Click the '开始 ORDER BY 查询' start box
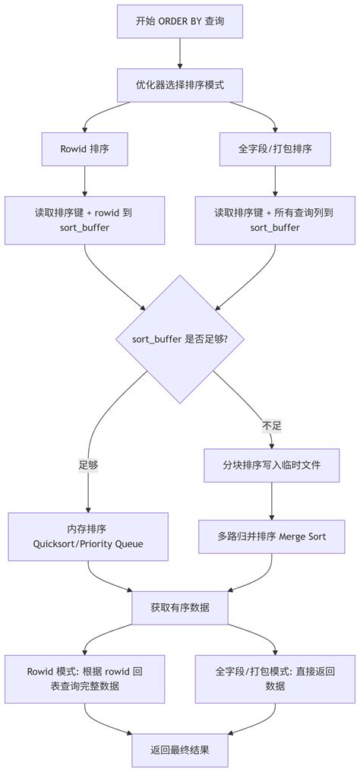(x=180, y=21)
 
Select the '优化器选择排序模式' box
(x=180, y=84)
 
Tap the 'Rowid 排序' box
(x=84, y=149)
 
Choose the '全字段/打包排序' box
(x=275, y=149)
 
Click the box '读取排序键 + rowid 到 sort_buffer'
(x=84, y=220)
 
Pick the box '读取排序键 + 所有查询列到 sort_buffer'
(x=275, y=220)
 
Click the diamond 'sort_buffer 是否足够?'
(x=180, y=339)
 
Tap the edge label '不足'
(x=272, y=426)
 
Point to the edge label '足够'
(x=88, y=465)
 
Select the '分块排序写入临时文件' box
(x=272, y=465)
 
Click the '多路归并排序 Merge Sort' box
(x=272, y=536)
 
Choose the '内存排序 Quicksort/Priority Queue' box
(x=88, y=536)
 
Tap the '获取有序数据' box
(x=180, y=608)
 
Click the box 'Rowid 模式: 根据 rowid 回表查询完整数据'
(x=84, y=679)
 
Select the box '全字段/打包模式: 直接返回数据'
(x=275, y=679)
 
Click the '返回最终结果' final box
(x=180, y=750)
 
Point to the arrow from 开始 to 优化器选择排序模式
(x=180, y=53)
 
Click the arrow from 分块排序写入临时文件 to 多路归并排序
(x=272, y=501)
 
